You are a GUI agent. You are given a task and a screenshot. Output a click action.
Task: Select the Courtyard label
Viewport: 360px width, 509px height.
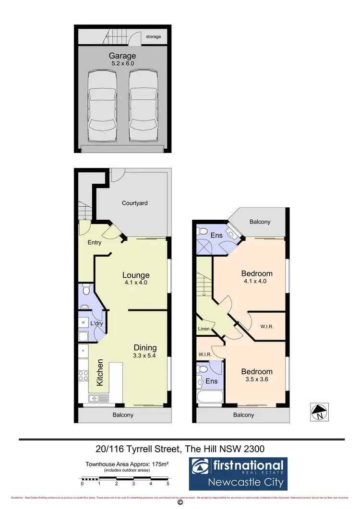(134, 203)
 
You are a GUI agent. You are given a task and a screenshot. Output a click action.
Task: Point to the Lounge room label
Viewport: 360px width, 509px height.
(136, 275)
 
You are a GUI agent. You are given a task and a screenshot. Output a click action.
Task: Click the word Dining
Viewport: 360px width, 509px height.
(145, 348)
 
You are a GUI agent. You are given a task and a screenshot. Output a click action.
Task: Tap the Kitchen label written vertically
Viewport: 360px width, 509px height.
(100, 373)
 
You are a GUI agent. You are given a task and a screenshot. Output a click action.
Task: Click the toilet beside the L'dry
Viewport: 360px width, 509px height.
(86, 290)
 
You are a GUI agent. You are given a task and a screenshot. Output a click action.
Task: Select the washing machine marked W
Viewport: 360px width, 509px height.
(84, 322)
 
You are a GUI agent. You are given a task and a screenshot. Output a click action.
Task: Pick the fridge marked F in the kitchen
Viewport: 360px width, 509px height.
(84, 351)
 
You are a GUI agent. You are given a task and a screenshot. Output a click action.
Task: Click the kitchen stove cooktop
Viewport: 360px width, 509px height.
(83, 374)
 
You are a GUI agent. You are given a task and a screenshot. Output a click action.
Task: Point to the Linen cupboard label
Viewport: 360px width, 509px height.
(204, 329)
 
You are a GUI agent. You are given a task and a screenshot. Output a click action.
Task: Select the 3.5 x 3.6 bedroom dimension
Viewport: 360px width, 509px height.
(256, 380)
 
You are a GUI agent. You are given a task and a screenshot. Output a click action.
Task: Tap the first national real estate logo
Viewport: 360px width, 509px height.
(239, 473)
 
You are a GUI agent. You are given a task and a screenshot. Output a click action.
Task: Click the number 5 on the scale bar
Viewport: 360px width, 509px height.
(168, 484)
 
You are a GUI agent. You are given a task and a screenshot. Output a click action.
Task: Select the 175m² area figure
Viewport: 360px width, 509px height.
(158, 464)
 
